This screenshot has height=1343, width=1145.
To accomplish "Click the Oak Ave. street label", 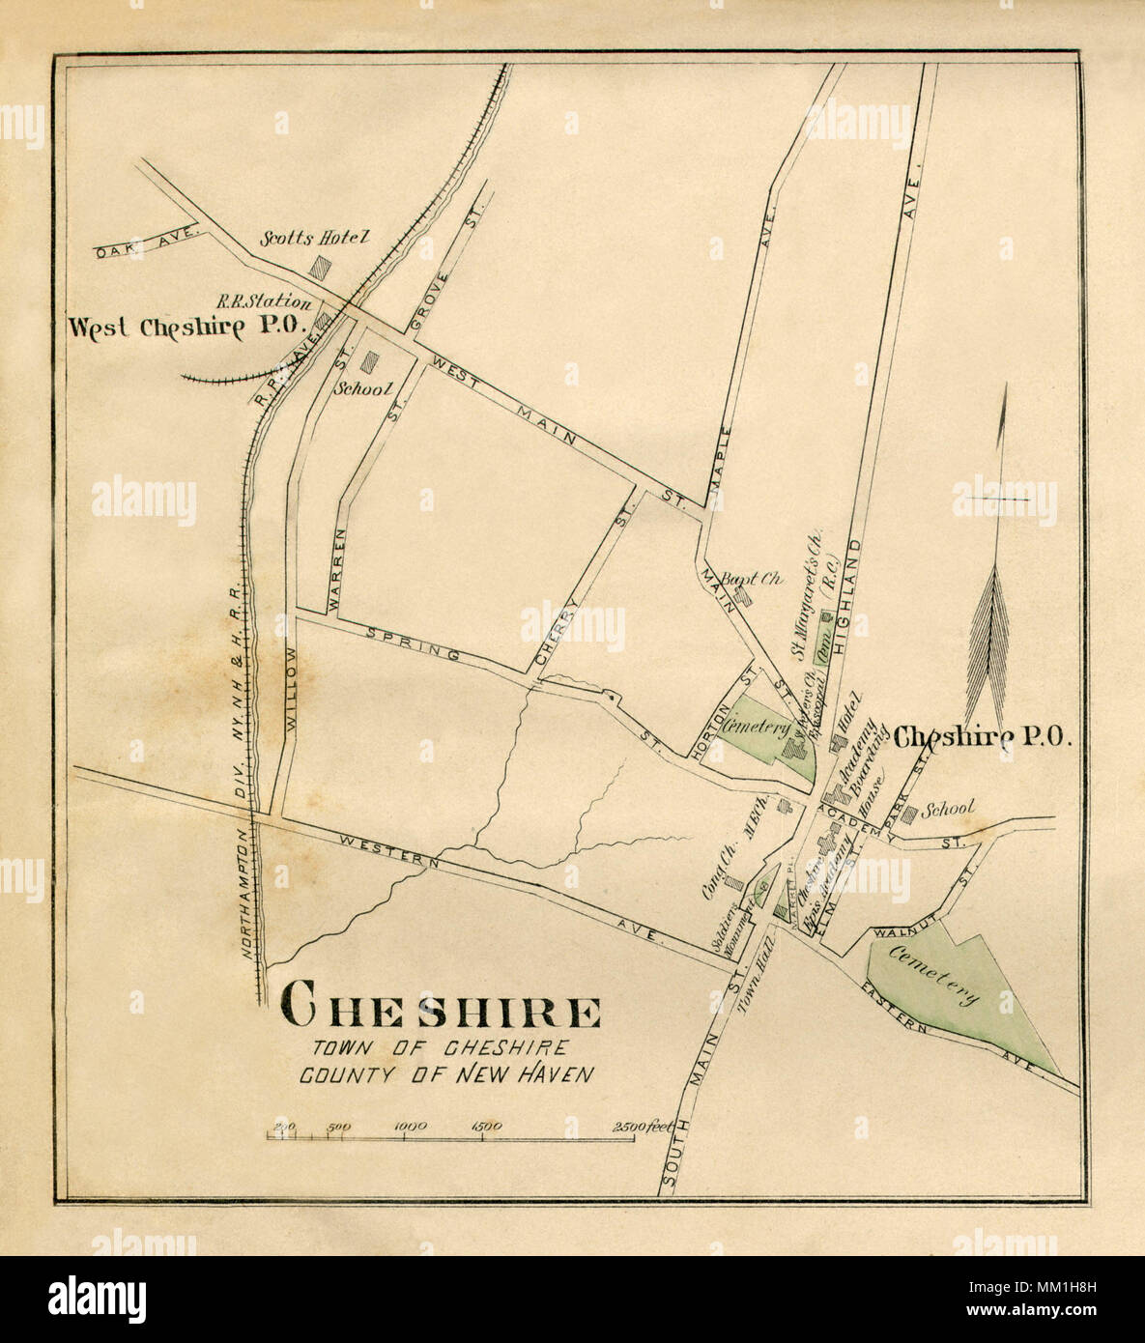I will [147, 242].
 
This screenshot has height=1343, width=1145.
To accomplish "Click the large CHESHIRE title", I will [440, 1011].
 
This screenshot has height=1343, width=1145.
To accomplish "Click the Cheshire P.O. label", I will [982, 737].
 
